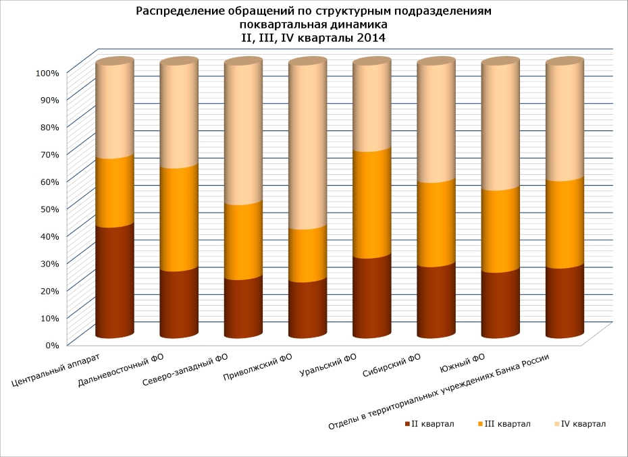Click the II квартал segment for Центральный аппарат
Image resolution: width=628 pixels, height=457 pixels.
point(114,280)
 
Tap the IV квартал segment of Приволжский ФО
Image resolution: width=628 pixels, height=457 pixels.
point(307,146)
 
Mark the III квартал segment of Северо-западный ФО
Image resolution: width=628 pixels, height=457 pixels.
point(243,240)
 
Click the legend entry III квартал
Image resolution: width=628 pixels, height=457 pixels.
point(504,424)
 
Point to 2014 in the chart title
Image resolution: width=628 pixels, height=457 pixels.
point(371,38)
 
